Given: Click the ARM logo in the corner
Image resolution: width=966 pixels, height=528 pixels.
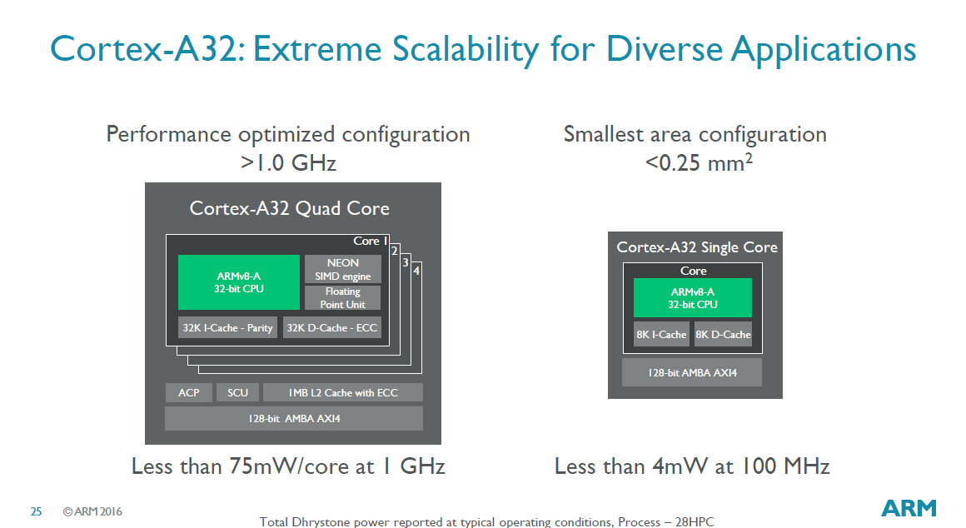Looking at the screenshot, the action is tap(909, 508).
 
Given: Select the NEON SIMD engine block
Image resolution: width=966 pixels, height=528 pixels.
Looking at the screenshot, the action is tap(342, 269).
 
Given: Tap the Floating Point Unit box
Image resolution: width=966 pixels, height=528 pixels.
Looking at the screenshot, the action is tap(342, 297).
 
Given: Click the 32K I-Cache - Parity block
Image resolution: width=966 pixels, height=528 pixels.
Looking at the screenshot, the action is tap(227, 328).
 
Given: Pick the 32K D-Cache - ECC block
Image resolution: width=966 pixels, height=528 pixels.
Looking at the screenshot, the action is tap(331, 328).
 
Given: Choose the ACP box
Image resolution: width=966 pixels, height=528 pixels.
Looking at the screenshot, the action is tap(188, 392).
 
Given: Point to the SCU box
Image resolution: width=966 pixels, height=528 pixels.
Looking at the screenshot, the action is tap(237, 392).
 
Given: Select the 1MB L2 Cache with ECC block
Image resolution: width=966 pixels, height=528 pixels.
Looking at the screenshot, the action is tap(343, 392).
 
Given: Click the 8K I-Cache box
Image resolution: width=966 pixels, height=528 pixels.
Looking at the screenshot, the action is tap(661, 334).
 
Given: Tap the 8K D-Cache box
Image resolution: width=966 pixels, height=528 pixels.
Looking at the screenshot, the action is tap(724, 334).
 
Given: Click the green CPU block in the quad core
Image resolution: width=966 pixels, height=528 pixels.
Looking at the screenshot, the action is tap(238, 282).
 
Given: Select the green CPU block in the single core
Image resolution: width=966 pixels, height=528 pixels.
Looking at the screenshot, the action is tap(693, 297).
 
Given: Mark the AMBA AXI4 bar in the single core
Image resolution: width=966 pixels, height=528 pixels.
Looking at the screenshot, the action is tap(692, 372).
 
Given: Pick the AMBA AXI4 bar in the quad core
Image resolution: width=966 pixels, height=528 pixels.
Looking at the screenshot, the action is tap(294, 418).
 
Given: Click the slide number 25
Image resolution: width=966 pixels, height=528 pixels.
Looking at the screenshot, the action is tap(36, 511).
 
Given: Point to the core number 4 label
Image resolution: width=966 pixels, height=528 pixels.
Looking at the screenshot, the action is tap(416, 271).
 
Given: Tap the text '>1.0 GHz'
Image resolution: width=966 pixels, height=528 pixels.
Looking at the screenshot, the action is tap(288, 162).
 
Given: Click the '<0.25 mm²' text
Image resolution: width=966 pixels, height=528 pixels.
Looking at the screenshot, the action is tap(699, 162).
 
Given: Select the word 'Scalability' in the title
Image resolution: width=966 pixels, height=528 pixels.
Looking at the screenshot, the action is tap(466, 49).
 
